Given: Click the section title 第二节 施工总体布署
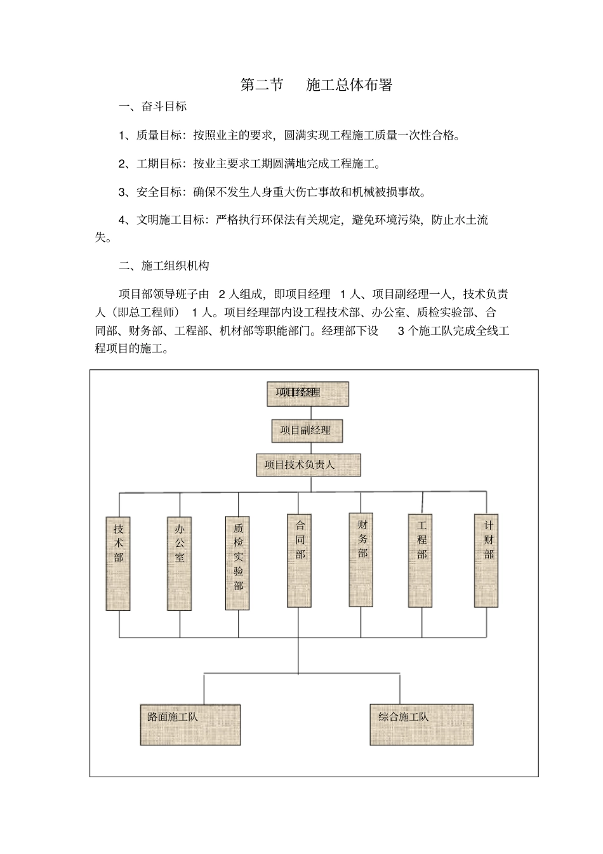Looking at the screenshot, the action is (316, 85).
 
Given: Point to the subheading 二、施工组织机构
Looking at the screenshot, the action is (164, 266).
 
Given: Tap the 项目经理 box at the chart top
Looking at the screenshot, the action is (307, 393).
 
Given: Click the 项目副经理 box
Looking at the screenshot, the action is (307, 430).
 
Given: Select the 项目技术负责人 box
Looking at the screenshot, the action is (308, 465).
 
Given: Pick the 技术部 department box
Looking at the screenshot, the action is (119, 563).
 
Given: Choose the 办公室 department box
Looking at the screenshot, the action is (180, 563).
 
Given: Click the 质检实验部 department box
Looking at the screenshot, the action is (239, 563).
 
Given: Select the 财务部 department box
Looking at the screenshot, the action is (362, 559).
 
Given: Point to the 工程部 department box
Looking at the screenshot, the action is (421, 560).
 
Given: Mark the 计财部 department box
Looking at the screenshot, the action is (487, 560).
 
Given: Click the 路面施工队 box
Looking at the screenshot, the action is (190, 724).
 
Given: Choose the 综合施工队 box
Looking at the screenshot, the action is (421, 724).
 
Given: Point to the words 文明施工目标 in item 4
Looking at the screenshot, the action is (171, 220).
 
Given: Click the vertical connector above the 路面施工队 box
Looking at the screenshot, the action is (204, 688).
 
